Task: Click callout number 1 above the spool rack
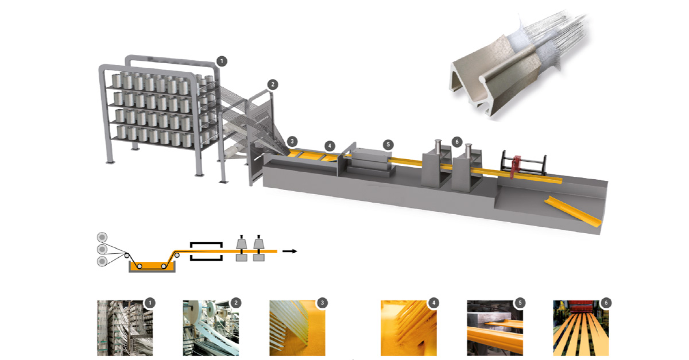pos(222,61)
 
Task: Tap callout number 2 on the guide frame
pos(272,84)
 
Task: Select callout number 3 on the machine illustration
pos(292,142)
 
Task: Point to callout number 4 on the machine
pos(330,146)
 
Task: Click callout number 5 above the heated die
pos(388,145)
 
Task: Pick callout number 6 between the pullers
pos(457,142)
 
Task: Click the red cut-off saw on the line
pos(515,167)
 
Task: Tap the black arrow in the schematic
pos(290,251)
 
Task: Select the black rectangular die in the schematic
pos(206,251)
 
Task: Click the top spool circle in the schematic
pos(102,237)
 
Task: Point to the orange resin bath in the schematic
pos(152,267)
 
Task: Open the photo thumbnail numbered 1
pos(125,328)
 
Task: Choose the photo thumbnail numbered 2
pos(211,328)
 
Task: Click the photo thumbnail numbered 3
pos(297,328)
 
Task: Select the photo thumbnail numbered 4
pos(408,328)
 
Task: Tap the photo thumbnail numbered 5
pos(494,328)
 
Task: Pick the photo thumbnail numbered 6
pos(580,328)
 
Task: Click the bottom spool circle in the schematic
pos(102,262)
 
